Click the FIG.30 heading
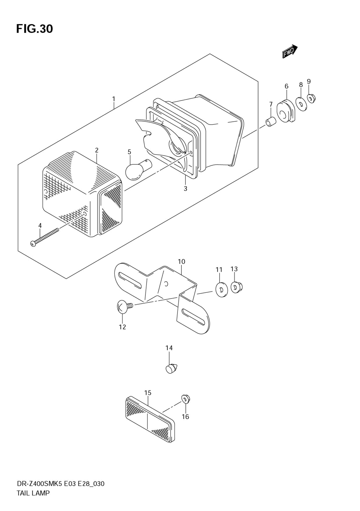(35, 29)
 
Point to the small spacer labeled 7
(270, 122)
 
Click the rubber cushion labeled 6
(285, 111)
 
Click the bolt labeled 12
(124, 307)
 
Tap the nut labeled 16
(186, 399)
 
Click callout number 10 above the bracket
(181, 262)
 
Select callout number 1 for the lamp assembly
(114, 98)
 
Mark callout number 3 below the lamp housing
(185, 189)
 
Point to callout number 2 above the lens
(96, 150)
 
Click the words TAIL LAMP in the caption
(33, 493)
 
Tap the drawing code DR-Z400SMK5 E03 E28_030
(60, 484)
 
